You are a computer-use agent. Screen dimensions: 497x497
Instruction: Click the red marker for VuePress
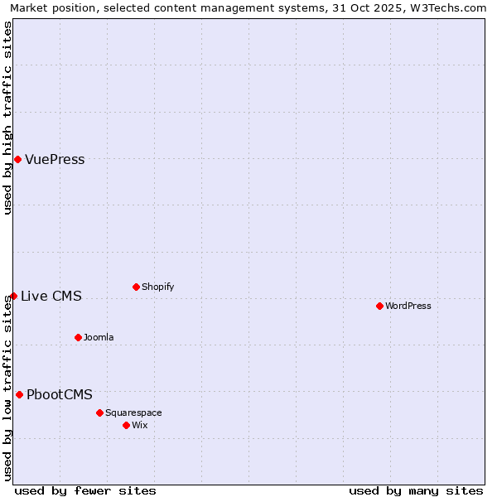pyautogui.click(x=17, y=159)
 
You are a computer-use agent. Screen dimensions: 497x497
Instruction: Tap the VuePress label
pyautogui.click(x=55, y=160)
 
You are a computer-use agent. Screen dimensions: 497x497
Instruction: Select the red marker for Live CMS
pyautogui.click(x=13, y=296)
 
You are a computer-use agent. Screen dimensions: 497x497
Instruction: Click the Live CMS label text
pyautogui.click(x=51, y=297)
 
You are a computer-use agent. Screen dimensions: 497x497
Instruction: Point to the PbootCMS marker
pyautogui.click(x=19, y=394)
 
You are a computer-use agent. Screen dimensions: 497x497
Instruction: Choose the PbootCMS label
pyautogui.click(x=60, y=395)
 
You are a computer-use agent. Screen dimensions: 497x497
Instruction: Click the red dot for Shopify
pyautogui.click(x=136, y=287)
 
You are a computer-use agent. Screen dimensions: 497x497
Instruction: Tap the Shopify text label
pyautogui.click(x=157, y=287)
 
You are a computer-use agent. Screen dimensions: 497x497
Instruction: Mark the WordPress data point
pyautogui.click(x=379, y=306)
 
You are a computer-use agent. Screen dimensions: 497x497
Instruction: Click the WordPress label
pyautogui.click(x=408, y=306)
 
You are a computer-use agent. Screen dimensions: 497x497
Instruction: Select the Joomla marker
pyautogui.click(x=78, y=337)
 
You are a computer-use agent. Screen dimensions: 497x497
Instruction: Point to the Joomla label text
pyautogui.click(x=99, y=338)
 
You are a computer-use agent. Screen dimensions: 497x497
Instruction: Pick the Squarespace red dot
pyautogui.click(x=99, y=413)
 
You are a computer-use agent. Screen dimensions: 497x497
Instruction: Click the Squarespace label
pyautogui.click(x=133, y=413)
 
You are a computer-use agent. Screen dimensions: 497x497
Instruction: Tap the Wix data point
pyautogui.click(x=126, y=425)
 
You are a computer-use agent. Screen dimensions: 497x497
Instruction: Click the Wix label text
pyautogui.click(x=139, y=426)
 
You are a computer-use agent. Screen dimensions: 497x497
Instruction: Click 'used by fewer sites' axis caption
pyautogui.click(x=85, y=490)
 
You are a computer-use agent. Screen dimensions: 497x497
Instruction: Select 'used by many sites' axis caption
pyautogui.click(x=416, y=490)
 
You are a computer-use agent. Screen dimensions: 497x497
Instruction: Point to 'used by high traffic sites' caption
pyautogui.click(x=8, y=118)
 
